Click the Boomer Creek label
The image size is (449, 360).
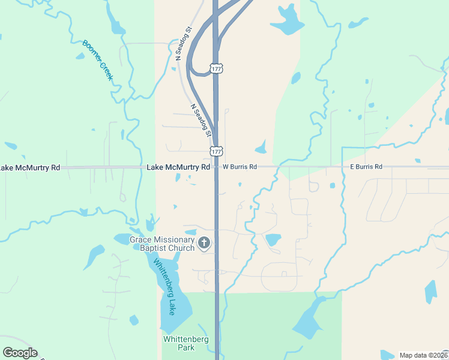tap(98, 61)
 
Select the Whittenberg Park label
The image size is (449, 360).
tap(186, 343)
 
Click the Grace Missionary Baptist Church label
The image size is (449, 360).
tap(163, 244)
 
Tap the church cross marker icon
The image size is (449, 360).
tap(204, 243)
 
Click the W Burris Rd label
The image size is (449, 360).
tap(240, 167)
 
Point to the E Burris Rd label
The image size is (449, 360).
tap(366, 167)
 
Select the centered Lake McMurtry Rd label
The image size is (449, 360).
tap(178, 167)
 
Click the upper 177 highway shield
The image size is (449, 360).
tap(217, 69)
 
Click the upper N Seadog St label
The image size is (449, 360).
tap(183, 43)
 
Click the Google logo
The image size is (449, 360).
tap(20, 353)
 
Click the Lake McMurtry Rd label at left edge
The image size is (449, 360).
tap(30, 167)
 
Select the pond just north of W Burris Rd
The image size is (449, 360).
tap(261, 148)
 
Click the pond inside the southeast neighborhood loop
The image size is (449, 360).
tap(273, 239)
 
